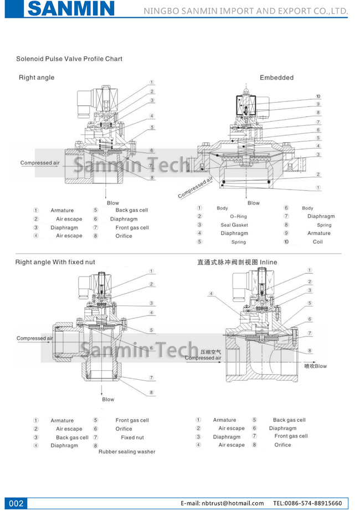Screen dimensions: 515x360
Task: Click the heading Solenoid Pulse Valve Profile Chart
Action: click(69, 59)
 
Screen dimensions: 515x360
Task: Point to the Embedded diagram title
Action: click(276, 78)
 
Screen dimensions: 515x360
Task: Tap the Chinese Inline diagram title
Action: click(237, 262)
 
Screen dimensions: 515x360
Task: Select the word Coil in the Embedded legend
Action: click(317, 242)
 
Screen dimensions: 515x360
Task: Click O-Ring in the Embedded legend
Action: click(239, 216)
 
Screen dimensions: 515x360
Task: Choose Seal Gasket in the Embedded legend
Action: click(234, 225)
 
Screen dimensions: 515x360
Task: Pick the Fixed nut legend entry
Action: click(132, 437)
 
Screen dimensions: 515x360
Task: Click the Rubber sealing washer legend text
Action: click(127, 451)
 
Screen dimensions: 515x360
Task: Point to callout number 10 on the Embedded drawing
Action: click(318, 96)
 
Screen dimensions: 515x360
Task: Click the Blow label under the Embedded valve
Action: click(253, 203)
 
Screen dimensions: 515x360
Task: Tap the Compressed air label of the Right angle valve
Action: click(40, 163)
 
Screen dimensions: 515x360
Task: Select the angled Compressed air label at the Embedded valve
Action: click(196, 188)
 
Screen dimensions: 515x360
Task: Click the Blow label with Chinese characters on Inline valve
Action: click(316, 366)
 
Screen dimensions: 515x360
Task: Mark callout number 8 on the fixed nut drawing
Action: click(151, 392)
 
